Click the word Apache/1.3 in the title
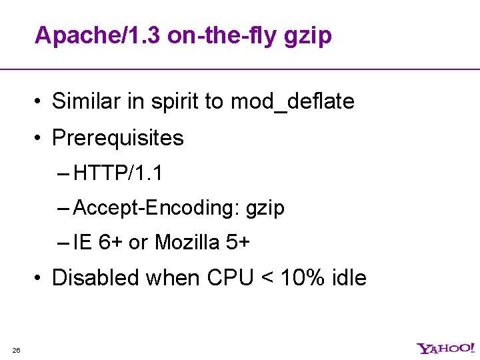(97, 35)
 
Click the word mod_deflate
(292, 102)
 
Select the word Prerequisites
(117, 139)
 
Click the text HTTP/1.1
(118, 173)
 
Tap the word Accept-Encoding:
(157, 208)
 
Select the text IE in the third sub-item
(83, 243)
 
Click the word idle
(348, 277)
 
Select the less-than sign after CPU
(267, 278)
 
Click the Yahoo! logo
(445, 348)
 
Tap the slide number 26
(16, 351)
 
